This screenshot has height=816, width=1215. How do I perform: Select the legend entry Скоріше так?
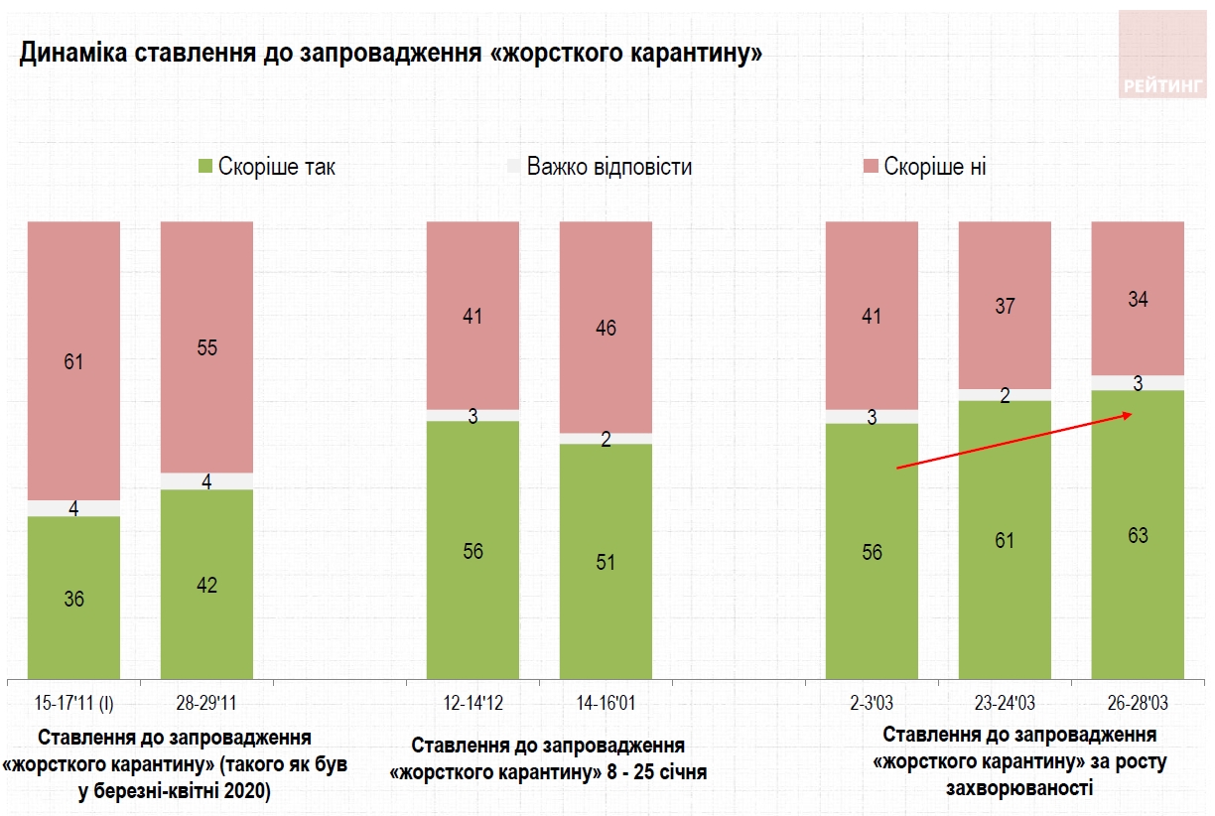[267, 167]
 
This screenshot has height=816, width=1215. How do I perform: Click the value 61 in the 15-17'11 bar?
[73, 361]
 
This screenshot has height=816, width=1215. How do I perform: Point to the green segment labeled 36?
[73, 598]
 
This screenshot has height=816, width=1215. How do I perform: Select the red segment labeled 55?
[206, 347]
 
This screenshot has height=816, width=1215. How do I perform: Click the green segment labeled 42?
[206, 584]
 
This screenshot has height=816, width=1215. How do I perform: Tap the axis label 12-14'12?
[472, 704]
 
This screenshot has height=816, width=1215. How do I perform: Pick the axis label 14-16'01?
[606, 704]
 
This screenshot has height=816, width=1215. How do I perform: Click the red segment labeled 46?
[606, 328]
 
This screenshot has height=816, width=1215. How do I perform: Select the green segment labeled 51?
[606, 562]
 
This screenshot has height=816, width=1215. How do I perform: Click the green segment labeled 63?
[1138, 535]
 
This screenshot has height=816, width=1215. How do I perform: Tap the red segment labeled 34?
[1138, 298]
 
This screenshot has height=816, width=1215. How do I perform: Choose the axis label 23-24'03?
[1005, 704]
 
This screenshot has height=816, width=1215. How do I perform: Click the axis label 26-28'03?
[1138, 704]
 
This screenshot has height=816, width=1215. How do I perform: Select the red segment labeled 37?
[1005, 306]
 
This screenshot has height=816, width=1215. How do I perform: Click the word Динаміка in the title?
[68, 54]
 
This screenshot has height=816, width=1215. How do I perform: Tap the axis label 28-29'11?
[206, 704]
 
